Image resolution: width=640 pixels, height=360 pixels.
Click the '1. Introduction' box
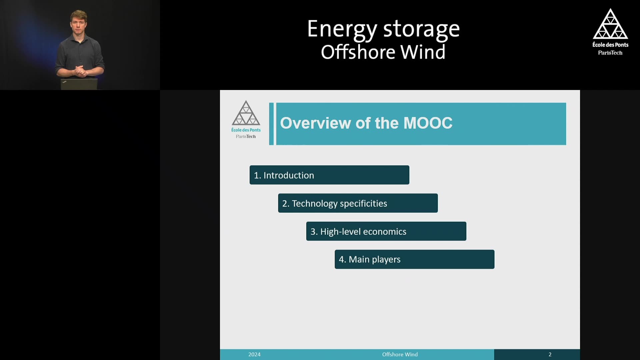329,175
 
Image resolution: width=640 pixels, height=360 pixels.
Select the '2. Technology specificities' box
358,203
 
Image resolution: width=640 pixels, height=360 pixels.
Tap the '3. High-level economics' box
386,231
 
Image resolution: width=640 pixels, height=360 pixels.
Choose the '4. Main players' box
414,259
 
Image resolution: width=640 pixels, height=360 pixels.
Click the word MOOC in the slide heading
428,123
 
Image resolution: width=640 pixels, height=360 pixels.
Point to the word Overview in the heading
316,123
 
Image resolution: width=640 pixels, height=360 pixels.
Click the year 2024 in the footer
254,354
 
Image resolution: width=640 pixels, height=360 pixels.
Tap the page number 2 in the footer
550,354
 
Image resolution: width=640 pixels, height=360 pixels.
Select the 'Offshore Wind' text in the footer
400,354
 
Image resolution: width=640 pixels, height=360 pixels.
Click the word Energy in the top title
342,30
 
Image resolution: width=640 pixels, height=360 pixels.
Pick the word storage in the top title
421,30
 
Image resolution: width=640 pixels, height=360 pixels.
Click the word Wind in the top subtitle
423,52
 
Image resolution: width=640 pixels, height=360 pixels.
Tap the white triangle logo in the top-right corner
610,24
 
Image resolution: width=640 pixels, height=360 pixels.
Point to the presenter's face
79,24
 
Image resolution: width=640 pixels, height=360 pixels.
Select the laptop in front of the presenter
79,84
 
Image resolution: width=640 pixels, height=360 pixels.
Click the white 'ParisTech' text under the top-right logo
610,53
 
